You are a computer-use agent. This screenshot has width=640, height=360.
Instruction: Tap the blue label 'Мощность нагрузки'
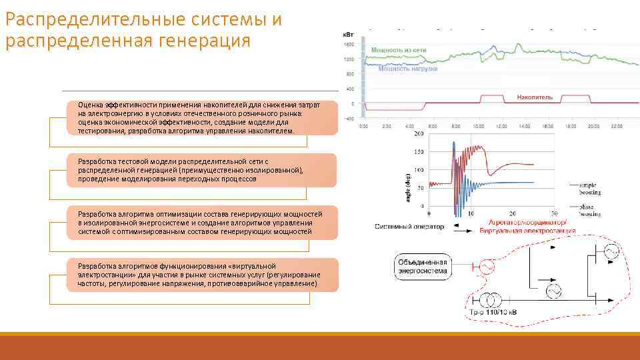(x=407, y=68)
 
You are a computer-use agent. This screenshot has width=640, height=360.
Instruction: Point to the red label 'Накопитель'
(x=535, y=97)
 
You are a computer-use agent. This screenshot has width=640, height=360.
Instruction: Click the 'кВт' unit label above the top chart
(x=348, y=34)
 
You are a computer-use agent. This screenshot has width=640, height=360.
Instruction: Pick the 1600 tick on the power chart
(x=349, y=44)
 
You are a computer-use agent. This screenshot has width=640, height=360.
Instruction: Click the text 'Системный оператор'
(x=409, y=227)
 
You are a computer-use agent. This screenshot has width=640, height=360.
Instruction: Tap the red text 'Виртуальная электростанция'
(x=527, y=231)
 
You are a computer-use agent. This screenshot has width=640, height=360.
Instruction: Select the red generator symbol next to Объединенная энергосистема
(x=485, y=267)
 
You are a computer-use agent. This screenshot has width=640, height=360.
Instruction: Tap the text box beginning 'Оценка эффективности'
(x=201, y=119)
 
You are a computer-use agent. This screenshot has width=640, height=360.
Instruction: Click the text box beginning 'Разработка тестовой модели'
(x=201, y=170)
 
